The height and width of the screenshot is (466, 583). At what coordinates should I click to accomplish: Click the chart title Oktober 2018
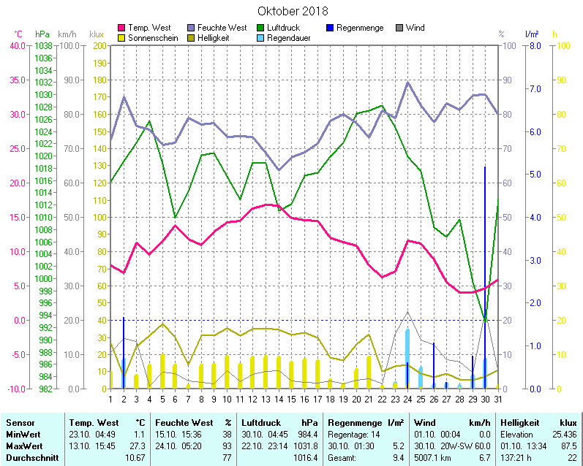pyautogui.click(x=293, y=12)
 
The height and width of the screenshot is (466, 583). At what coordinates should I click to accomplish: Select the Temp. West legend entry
pyautogui.click(x=148, y=28)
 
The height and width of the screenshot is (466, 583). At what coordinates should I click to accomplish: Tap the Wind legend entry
pyautogui.click(x=415, y=28)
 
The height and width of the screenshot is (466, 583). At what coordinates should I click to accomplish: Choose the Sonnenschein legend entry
pyautogui.click(x=152, y=37)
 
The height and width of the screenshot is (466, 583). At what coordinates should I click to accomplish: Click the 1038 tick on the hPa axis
pyautogui.click(x=43, y=45)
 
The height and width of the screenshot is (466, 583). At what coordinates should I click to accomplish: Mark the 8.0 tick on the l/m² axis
pyautogui.click(x=534, y=45)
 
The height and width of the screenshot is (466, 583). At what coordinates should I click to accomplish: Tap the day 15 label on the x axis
pyautogui.click(x=291, y=398)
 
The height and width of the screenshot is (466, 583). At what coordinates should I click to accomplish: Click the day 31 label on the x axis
pyautogui.click(x=498, y=398)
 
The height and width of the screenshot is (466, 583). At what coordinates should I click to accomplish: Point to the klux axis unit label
pyautogui.click(x=96, y=34)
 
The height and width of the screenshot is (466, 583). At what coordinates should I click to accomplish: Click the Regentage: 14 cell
pyautogui.click(x=354, y=434)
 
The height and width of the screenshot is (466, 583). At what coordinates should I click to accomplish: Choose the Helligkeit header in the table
pyautogui.click(x=520, y=423)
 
